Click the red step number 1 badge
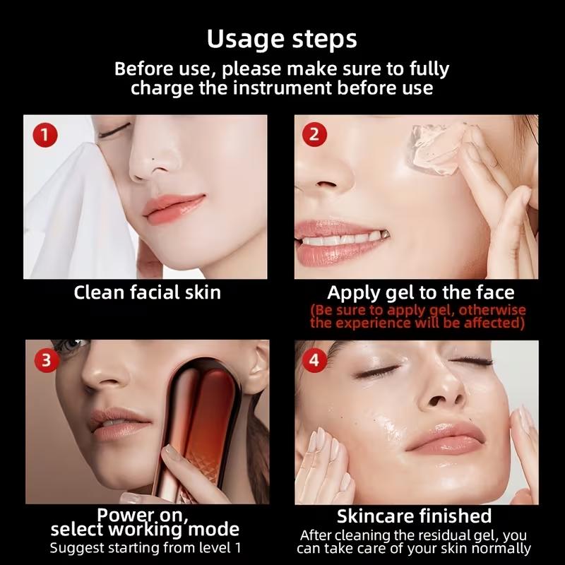click(x=45, y=135)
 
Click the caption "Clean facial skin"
click(x=147, y=292)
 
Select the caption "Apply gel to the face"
click(x=420, y=292)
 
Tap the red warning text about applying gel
click(x=418, y=316)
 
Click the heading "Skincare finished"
click(x=414, y=516)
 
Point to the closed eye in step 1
click(x=115, y=131)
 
